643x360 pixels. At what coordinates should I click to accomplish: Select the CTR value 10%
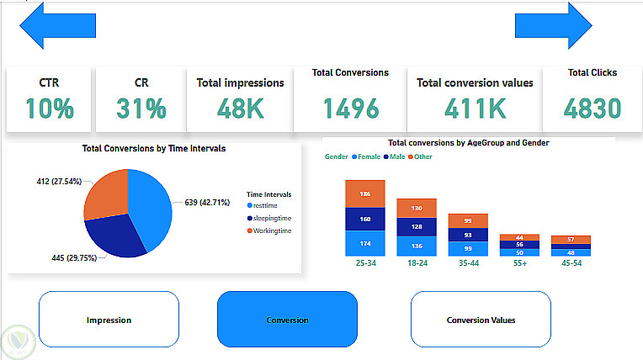[49, 108]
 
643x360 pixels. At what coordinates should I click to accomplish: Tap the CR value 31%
[141, 108]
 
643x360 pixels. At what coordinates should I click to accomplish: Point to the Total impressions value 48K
[241, 108]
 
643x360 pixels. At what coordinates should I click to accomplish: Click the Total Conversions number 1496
[350, 108]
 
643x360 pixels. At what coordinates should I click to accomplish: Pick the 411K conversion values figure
[474, 108]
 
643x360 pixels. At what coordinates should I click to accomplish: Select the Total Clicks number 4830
[593, 108]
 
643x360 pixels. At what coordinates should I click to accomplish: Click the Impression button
[109, 320]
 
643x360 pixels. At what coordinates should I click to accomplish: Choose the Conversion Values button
[481, 320]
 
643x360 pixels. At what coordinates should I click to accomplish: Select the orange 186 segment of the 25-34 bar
[365, 194]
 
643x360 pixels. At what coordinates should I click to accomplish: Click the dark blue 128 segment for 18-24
[417, 226]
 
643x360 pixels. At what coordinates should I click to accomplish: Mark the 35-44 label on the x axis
[469, 262]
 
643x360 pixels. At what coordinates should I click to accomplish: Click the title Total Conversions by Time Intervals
[154, 148]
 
